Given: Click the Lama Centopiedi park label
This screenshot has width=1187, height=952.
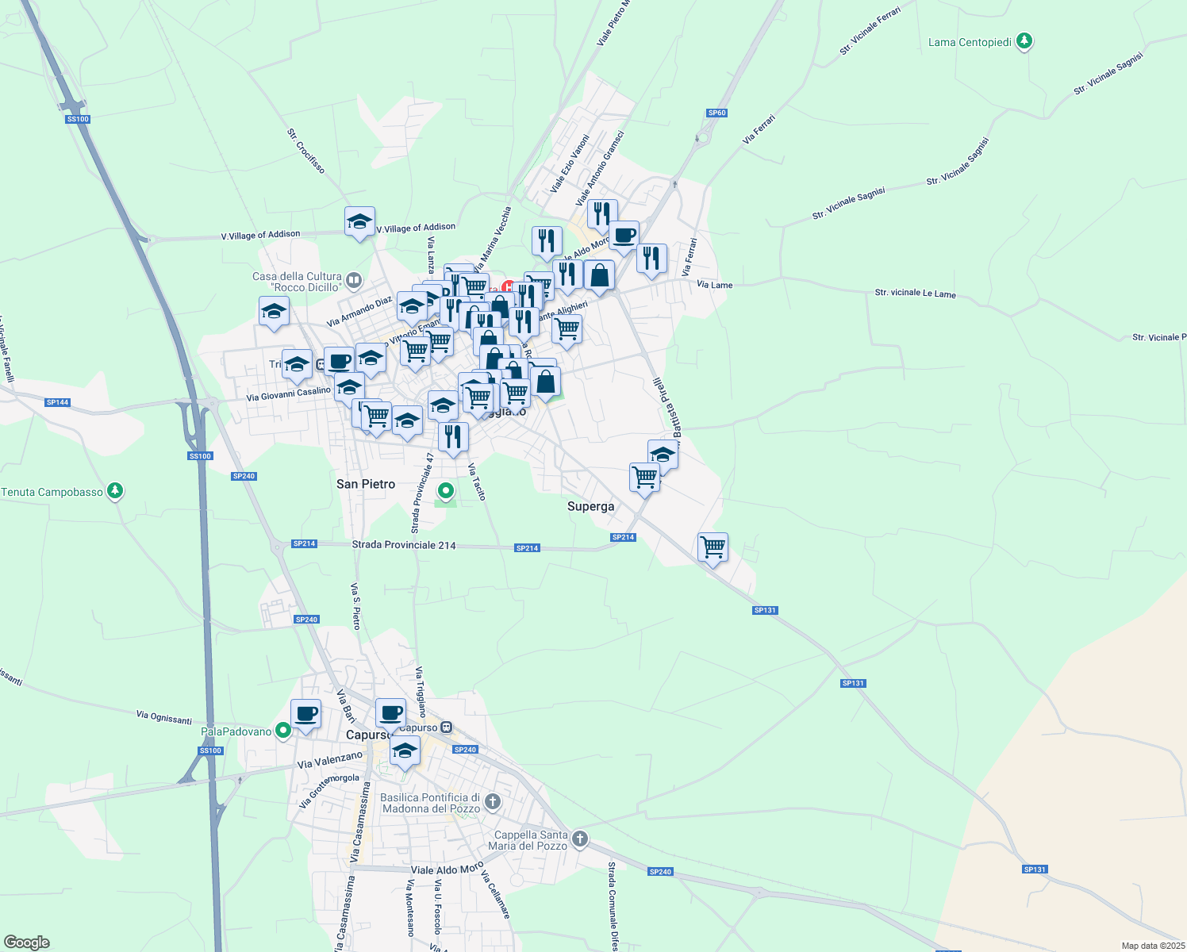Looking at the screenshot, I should click(970, 42).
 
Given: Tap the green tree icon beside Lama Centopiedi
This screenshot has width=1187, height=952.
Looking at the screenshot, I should click(1024, 41).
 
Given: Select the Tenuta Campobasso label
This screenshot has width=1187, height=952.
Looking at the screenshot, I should click(52, 492).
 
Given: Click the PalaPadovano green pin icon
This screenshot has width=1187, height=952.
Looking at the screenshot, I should click(283, 731).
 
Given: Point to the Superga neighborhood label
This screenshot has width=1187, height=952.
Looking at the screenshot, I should click(590, 506).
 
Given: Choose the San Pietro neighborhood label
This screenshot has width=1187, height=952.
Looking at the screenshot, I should click(366, 484).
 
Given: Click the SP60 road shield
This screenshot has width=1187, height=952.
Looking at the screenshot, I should click(716, 113).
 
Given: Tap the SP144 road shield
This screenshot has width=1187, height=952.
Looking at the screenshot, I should click(57, 402).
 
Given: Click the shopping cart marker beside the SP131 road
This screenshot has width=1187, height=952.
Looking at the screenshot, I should click(713, 547).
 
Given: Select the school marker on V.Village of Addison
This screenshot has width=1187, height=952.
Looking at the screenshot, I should click(359, 222).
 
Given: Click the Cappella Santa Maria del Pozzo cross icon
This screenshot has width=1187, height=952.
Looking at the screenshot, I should click(580, 839).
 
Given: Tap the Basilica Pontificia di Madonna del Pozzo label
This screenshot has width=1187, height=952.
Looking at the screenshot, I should click(430, 803).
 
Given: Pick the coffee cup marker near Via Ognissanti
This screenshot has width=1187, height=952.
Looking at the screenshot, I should click(305, 714).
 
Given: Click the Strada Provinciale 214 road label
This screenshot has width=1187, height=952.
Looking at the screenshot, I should click(404, 545).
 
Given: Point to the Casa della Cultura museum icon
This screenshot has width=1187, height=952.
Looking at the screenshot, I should click(354, 280).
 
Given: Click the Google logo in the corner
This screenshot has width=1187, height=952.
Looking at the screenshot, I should click(26, 942).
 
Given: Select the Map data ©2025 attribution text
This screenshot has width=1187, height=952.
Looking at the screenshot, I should click(1152, 946).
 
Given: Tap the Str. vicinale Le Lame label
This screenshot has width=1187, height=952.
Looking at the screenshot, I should click(915, 294).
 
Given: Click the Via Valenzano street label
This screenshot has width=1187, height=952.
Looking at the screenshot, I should click(329, 761).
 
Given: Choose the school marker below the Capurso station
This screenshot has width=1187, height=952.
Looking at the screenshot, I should click(405, 750).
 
